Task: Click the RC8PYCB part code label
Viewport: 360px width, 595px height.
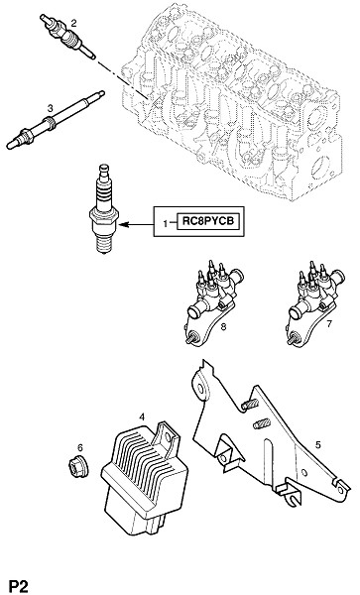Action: tap(208, 221)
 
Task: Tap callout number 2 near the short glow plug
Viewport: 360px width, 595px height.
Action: tap(73, 23)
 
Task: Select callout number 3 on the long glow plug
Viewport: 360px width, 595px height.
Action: tap(50, 108)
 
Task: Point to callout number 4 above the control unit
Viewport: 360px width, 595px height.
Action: tap(142, 417)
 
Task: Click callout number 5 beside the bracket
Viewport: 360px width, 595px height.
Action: tap(318, 444)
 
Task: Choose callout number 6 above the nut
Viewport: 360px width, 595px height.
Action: tap(80, 448)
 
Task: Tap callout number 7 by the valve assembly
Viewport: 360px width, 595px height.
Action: tap(329, 323)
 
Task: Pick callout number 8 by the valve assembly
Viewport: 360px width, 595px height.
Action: tap(223, 326)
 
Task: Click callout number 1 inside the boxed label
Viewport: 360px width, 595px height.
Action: tap(165, 224)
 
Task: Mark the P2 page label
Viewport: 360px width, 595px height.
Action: tap(19, 585)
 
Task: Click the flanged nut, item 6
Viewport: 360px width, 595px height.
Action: tap(78, 466)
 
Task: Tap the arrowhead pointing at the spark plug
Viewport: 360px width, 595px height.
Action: tap(125, 225)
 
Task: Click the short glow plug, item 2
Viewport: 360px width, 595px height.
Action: tap(67, 37)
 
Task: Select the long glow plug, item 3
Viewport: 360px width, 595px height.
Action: tap(56, 120)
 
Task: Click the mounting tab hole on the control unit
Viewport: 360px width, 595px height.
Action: tap(168, 437)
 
